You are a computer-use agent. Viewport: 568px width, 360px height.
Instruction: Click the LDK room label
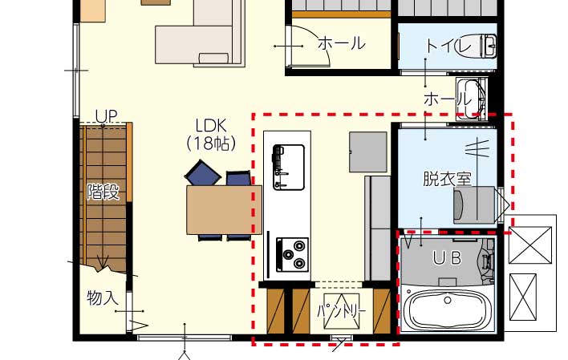[x=211, y=126]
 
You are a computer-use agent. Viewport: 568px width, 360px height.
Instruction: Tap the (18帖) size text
[x=211, y=144]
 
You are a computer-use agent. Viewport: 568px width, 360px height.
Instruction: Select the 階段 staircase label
[x=103, y=192]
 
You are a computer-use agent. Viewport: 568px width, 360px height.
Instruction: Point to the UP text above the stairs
[x=106, y=116]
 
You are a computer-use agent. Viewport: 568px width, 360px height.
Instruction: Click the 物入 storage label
[x=103, y=297]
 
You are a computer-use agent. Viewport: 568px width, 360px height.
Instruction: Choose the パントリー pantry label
[x=341, y=311]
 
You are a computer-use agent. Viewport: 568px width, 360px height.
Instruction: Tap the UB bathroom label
[x=447, y=258]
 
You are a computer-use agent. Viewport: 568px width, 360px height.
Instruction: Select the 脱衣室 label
[x=447, y=178]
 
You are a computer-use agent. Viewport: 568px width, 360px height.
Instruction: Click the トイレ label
[x=448, y=46]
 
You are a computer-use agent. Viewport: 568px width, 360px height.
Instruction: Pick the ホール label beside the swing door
[x=341, y=43]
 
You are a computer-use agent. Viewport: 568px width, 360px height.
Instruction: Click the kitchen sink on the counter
[x=288, y=168]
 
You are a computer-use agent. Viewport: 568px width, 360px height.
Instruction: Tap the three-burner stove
[x=292, y=255]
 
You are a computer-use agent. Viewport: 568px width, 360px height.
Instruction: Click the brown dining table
[x=224, y=210]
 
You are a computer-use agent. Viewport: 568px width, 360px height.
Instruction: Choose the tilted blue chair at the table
[x=203, y=173]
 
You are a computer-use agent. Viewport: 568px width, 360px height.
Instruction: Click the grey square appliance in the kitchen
[x=368, y=152]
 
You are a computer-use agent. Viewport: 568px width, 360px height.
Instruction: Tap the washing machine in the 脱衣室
[x=474, y=205]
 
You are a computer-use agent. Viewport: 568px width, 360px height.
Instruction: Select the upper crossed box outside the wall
[x=530, y=245]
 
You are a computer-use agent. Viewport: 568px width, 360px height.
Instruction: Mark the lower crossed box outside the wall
[x=523, y=297]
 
